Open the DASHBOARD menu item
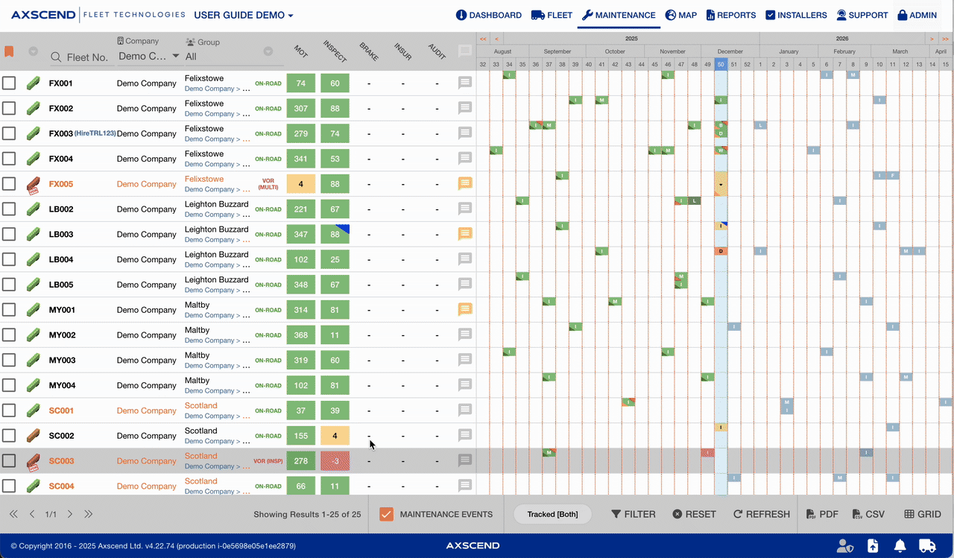(x=489, y=15)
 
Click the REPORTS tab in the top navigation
(x=731, y=15)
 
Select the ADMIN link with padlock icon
(x=917, y=15)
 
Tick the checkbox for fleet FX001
(x=9, y=83)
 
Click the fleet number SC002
(x=61, y=436)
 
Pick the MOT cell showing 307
(x=301, y=109)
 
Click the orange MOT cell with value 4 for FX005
(x=301, y=184)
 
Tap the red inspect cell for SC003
(x=335, y=461)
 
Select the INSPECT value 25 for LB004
(x=335, y=260)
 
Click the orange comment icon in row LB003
(x=465, y=234)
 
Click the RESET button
(x=694, y=514)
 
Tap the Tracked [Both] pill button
(x=552, y=514)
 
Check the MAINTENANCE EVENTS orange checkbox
(x=386, y=514)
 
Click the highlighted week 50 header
(x=721, y=65)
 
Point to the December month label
(x=730, y=51)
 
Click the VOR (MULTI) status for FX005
(x=268, y=184)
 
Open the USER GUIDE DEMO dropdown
(x=244, y=15)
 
